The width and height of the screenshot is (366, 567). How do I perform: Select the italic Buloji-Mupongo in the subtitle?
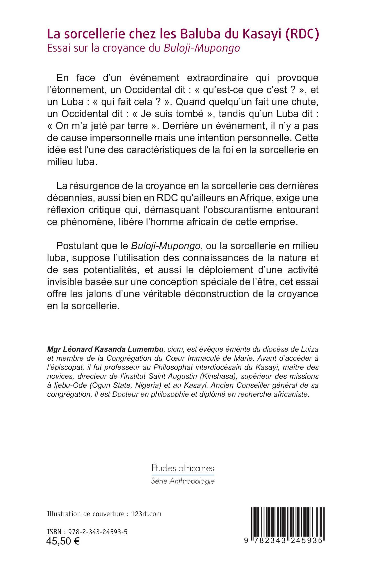point(202,49)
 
